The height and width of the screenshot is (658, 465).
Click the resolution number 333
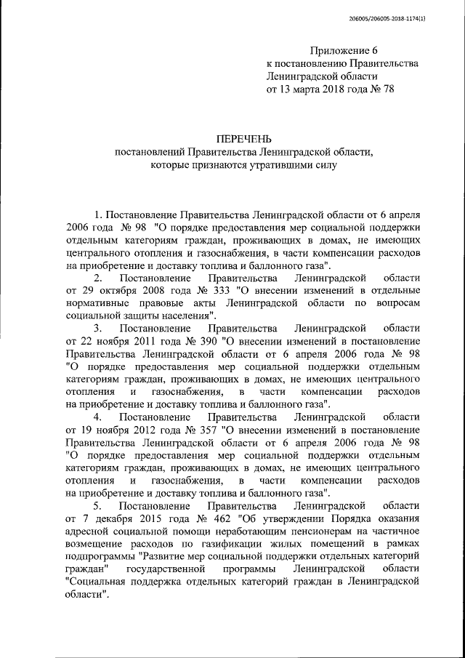click(197, 292)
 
